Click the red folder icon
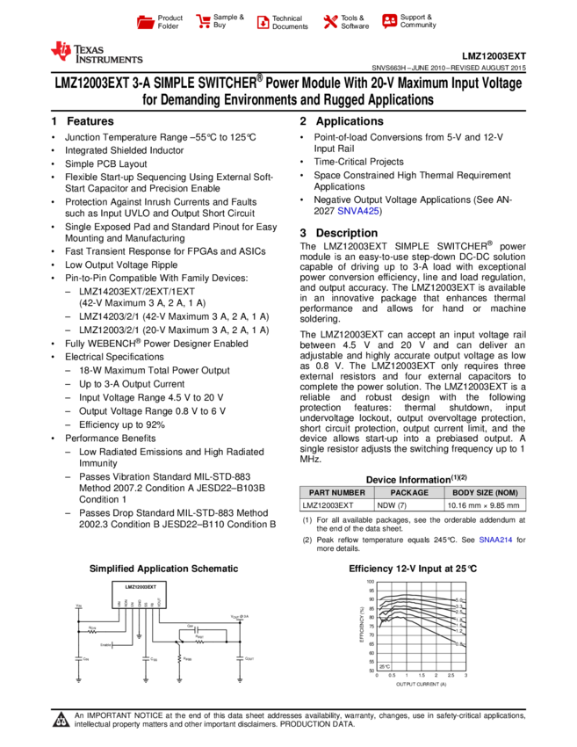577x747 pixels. tap(146, 23)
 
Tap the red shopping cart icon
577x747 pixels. tap(204, 22)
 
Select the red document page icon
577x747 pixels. tap(263, 23)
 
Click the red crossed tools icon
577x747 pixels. tap(330, 22)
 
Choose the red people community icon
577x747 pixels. tap(390, 21)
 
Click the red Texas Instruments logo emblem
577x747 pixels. tap(61, 52)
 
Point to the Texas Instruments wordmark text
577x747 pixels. tap(108, 54)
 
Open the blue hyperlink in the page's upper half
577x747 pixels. tap(357, 211)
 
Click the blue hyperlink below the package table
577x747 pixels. tap(495, 540)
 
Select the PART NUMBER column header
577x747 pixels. tap(336, 493)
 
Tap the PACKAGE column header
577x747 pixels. tap(409, 493)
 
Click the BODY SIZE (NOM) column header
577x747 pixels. tap(485, 493)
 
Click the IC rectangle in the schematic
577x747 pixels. tap(139, 593)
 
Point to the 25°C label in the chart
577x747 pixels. tap(385, 667)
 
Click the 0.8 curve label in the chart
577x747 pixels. tap(458, 644)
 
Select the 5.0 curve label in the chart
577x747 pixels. tap(458, 599)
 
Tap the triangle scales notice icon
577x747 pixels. tap(61, 721)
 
